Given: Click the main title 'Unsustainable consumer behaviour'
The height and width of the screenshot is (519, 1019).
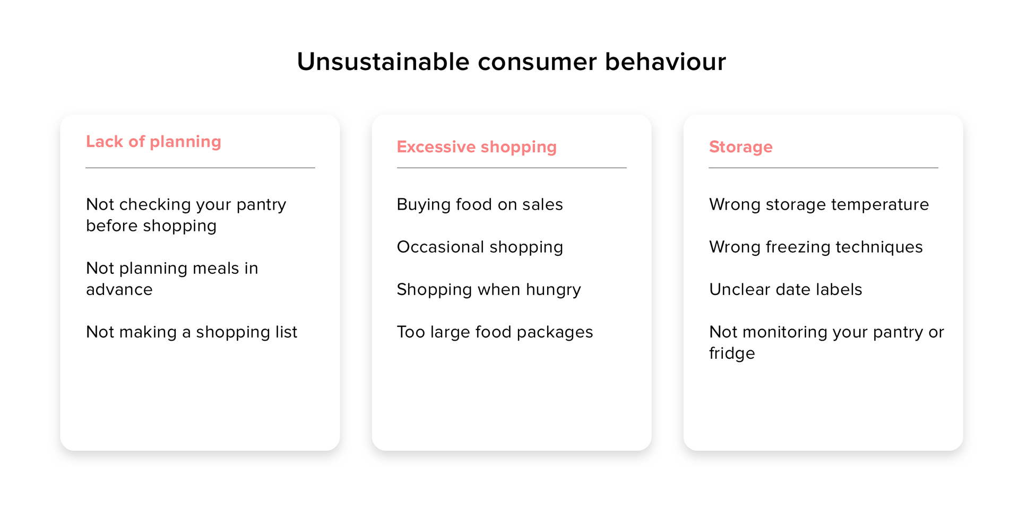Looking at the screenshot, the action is point(511,62).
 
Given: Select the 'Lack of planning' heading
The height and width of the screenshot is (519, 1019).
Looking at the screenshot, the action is point(153,142).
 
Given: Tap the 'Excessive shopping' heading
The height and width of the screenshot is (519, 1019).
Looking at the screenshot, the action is point(477,148).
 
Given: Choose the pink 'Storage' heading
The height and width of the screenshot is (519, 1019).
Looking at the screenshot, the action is point(740,147).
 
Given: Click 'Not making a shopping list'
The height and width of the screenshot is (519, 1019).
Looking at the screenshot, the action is point(192,332).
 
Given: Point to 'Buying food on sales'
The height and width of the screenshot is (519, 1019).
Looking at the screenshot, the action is point(480,205).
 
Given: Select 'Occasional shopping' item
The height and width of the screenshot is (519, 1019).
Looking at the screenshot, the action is point(480,247).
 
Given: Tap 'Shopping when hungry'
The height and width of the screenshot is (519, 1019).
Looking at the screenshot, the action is point(489,290).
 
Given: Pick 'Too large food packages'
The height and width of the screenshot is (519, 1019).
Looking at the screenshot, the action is point(495,332).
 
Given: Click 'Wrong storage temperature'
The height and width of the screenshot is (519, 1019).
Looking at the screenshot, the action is point(819,204).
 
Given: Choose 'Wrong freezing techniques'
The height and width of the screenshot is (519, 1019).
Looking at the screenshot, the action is point(816,247).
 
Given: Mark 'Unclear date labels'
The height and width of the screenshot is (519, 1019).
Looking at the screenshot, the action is point(785,289).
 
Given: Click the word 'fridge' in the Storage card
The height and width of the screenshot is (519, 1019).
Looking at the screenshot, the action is point(732,353).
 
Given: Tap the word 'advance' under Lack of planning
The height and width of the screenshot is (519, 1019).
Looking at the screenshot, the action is point(119,289).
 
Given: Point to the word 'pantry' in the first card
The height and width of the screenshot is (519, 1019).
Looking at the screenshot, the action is point(261,205).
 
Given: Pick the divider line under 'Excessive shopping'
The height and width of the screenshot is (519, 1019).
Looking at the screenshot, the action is point(512,168).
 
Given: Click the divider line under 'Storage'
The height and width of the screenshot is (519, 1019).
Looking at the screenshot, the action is point(823,168).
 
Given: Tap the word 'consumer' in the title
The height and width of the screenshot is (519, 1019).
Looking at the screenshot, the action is point(537,62).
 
